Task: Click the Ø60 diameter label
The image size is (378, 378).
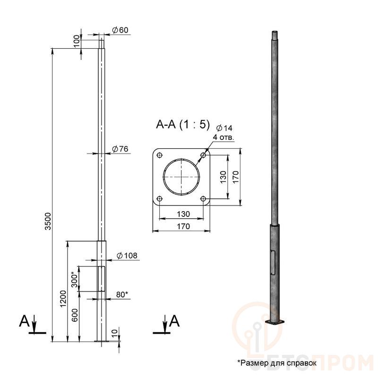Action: pyautogui.click(x=120, y=30)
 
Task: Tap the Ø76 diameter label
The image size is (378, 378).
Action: pyautogui.click(x=120, y=149)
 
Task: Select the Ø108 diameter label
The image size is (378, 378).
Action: pyautogui.click(x=127, y=256)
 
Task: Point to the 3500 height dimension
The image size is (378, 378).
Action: pyautogui.click(x=48, y=221)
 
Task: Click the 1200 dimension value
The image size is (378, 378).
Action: pyautogui.click(x=63, y=299)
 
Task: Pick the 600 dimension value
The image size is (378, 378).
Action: pyautogui.click(x=75, y=315)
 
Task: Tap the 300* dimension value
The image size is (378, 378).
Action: pyautogui.click(x=75, y=280)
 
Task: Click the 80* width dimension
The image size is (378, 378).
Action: pyautogui.click(x=122, y=294)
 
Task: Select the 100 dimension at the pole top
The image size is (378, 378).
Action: pyautogui.click(x=77, y=41)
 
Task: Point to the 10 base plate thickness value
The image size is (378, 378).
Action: pyautogui.click(x=115, y=333)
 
